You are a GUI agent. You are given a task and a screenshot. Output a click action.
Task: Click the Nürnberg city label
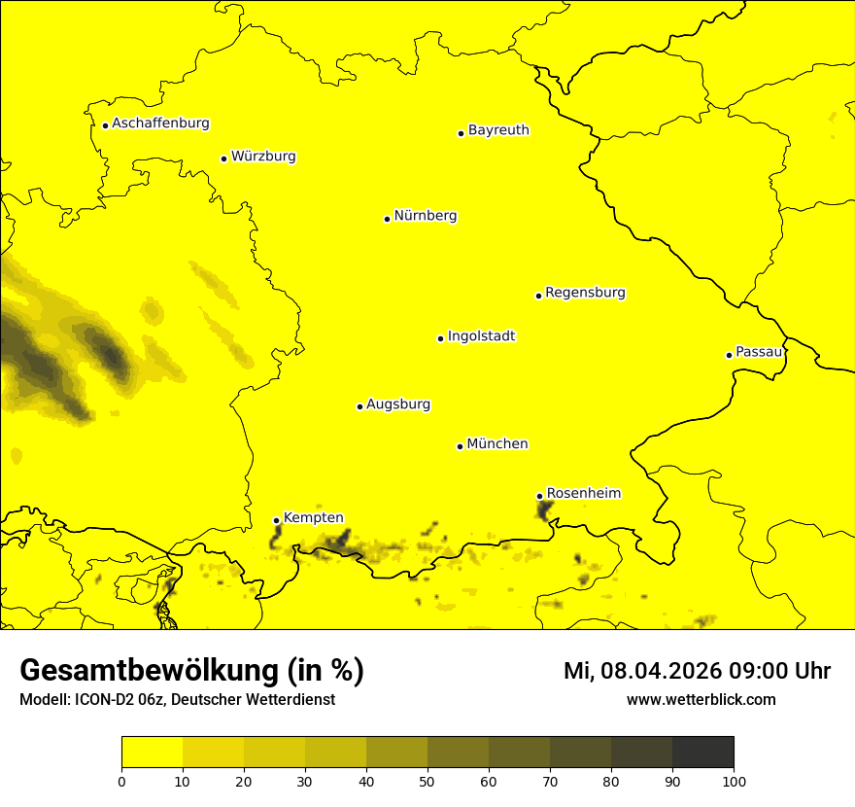(x=425, y=216)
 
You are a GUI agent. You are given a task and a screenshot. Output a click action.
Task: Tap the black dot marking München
(x=460, y=446)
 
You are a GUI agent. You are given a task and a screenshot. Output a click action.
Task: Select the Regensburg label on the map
(x=585, y=293)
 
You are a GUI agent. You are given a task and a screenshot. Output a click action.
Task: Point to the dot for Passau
(x=729, y=355)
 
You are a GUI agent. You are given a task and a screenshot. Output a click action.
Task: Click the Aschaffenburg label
(x=160, y=123)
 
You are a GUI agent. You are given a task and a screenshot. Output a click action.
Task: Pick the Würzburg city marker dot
(x=223, y=158)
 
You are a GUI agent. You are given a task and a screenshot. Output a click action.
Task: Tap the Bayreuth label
(x=498, y=130)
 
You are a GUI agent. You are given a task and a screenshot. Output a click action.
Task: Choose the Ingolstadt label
(x=481, y=336)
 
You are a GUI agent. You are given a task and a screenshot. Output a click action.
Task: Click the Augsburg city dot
(x=359, y=406)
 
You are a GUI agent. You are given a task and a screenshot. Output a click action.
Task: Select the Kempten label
(x=313, y=518)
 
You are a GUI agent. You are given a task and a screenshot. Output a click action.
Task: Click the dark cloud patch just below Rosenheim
(x=545, y=510)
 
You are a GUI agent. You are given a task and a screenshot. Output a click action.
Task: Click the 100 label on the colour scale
(x=734, y=781)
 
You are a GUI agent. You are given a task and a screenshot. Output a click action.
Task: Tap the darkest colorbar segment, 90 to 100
(x=702, y=753)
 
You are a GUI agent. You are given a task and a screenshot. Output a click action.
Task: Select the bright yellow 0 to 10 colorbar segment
(x=152, y=753)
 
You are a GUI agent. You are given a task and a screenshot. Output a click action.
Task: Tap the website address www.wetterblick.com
(x=701, y=699)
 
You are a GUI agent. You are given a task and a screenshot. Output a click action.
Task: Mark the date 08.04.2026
(x=658, y=671)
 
